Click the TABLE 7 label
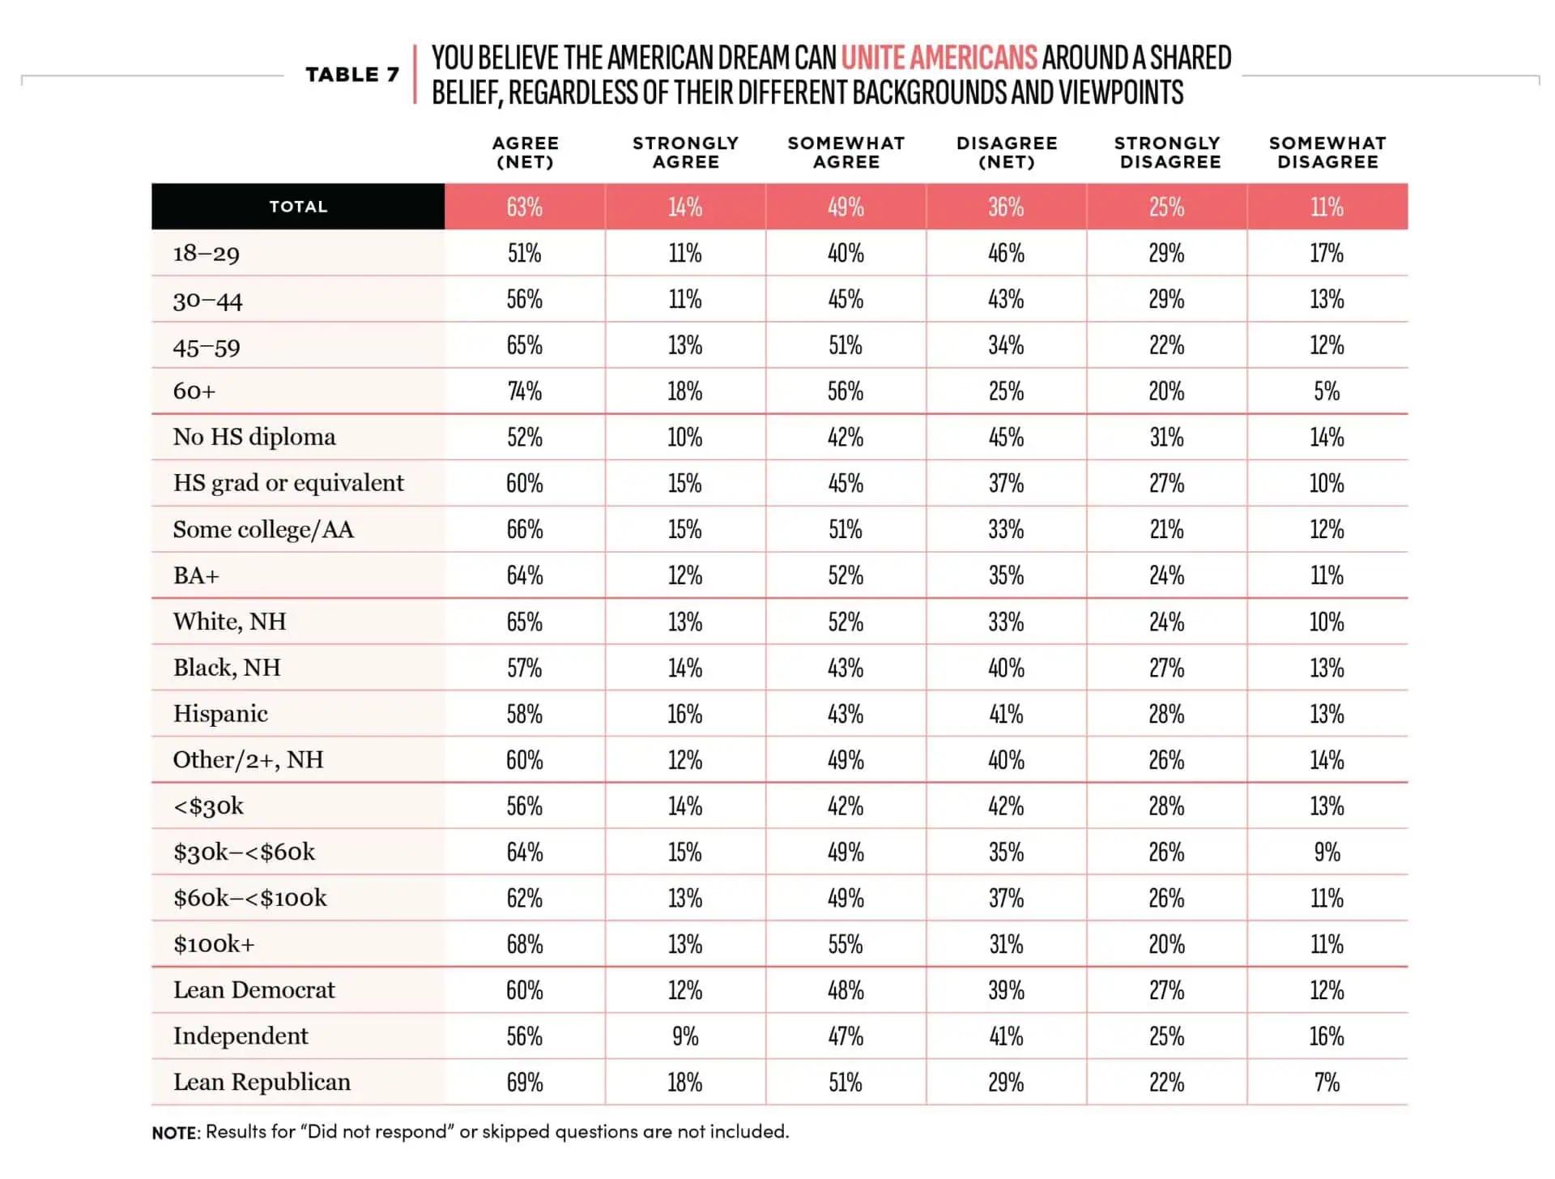click(x=352, y=75)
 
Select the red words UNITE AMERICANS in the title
click(x=939, y=58)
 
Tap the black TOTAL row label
click(x=298, y=207)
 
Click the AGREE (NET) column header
click(x=526, y=152)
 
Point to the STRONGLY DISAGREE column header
click(x=1167, y=152)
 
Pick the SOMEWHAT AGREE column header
click(x=846, y=152)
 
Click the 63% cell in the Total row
click(x=525, y=207)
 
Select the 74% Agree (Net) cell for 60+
click(x=525, y=391)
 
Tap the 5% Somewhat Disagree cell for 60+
click(x=1327, y=391)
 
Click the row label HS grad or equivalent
click(x=288, y=483)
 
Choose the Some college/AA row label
click(x=263, y=529)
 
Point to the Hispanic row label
click(x=220, y=713)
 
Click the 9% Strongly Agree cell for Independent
click(x=685, y=1036)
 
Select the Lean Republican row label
click(x=262, y=1082)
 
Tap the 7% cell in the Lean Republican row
click(x=1327, y=1083)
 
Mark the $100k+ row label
click(x=214, y=944)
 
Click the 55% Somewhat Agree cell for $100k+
click(x=846, y=945)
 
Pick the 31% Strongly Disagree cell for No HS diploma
click(x=1166, y=438)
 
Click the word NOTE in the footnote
click(x=175, y=1132)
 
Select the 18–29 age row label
click(x=207, y=254)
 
